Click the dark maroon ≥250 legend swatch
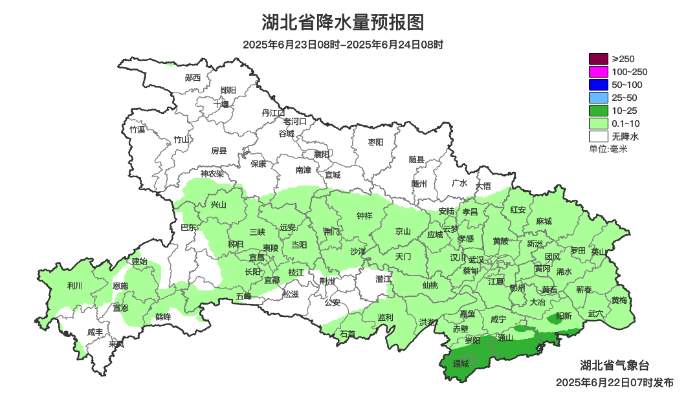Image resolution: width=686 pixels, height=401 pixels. point(599,59)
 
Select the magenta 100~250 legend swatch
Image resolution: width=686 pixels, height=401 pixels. point(599,72)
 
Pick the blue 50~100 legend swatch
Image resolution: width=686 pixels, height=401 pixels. point(599,85)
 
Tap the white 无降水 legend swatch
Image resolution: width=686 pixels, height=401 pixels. point(599,136)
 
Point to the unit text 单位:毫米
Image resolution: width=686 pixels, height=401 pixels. point(608,149)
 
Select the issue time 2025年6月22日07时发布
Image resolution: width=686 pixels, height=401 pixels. point(614,382)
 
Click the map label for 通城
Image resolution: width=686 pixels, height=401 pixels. point(461,364)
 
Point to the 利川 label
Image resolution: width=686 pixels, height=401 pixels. point(75,285)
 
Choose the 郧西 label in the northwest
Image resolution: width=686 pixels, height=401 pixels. point(193,78)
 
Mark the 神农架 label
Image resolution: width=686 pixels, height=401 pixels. point(212,173)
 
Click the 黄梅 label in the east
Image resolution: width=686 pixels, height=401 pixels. point(619,300)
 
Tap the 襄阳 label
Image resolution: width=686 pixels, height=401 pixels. point(322,154)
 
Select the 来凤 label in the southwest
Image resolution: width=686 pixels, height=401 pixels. point(116,344)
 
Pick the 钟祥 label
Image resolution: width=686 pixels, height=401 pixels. point(365,216)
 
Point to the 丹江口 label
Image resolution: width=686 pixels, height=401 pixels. point(273,113)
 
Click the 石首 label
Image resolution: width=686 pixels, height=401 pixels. point(348,334)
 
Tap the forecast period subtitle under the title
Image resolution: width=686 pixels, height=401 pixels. point(343,45)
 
